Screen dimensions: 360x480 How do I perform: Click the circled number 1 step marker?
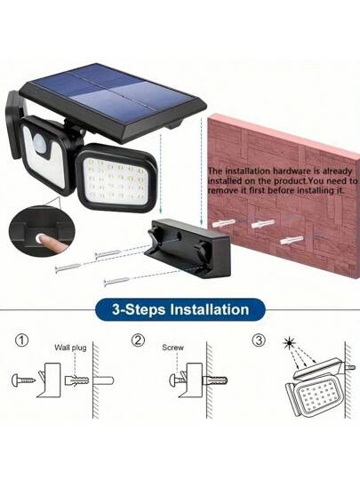21,340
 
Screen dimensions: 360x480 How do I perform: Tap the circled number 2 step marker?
138,340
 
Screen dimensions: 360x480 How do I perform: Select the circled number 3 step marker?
259,340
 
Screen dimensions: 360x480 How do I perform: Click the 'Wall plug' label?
70,348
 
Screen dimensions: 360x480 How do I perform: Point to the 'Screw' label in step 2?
173,348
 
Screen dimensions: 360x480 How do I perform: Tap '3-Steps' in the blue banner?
139,310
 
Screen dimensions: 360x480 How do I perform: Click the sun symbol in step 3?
288,343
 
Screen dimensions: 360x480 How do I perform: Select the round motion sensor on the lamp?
38,140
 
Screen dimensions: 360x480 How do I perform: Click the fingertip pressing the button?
39,238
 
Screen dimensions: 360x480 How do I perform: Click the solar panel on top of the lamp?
112,95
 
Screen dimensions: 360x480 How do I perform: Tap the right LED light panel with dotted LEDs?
116,178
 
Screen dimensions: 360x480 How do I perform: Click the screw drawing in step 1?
23,380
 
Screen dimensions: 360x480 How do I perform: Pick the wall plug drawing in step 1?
76,380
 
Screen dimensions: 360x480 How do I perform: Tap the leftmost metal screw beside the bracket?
68,267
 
